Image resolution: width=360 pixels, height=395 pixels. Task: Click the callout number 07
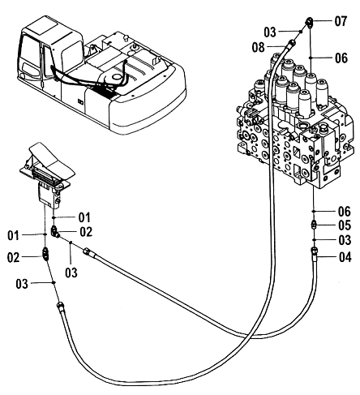click(341, 21)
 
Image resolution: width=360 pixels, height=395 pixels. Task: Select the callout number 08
click(258, 47)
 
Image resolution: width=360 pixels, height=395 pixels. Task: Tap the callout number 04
click(345, 257)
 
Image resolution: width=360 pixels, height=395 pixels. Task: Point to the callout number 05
click(345, 225)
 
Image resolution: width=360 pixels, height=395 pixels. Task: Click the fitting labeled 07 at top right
click(310, 22)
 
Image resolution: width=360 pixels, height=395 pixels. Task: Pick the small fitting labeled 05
click(314, 225)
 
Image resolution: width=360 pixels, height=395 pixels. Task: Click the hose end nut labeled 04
click(314, 251)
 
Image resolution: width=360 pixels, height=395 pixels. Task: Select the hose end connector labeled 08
click(290, 43)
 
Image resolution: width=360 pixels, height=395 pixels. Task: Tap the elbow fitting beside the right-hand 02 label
click(54, 232)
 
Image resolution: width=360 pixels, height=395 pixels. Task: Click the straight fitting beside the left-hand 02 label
click(46, 254)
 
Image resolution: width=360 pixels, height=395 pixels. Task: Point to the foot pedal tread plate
click(51, 160)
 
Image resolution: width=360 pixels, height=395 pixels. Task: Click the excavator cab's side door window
click(49, 62)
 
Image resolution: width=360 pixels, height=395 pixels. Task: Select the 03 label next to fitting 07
click(270, 32)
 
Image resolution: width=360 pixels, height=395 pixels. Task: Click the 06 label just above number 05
click(345, 212)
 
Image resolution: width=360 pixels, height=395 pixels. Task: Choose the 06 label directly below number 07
click(341, 58)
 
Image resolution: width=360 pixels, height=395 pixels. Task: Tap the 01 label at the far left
click(14, 235)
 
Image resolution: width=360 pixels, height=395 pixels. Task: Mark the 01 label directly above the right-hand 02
click(84, 217)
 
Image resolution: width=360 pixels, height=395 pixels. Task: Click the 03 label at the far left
click(22, 284)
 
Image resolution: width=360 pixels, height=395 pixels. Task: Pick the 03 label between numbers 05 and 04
click(345, 240)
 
